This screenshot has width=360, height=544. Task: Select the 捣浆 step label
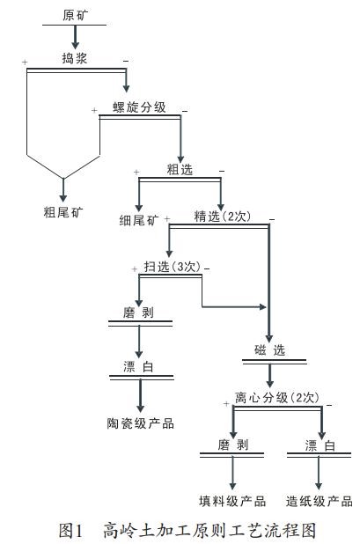tap(75, 60)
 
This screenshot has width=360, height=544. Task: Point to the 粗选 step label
tap(180, 168)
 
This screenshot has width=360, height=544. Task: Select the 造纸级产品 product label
tap(319, 500)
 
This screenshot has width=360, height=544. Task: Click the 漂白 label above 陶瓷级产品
tap(139, 367)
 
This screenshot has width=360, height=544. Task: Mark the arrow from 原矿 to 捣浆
tap(75, 37)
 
